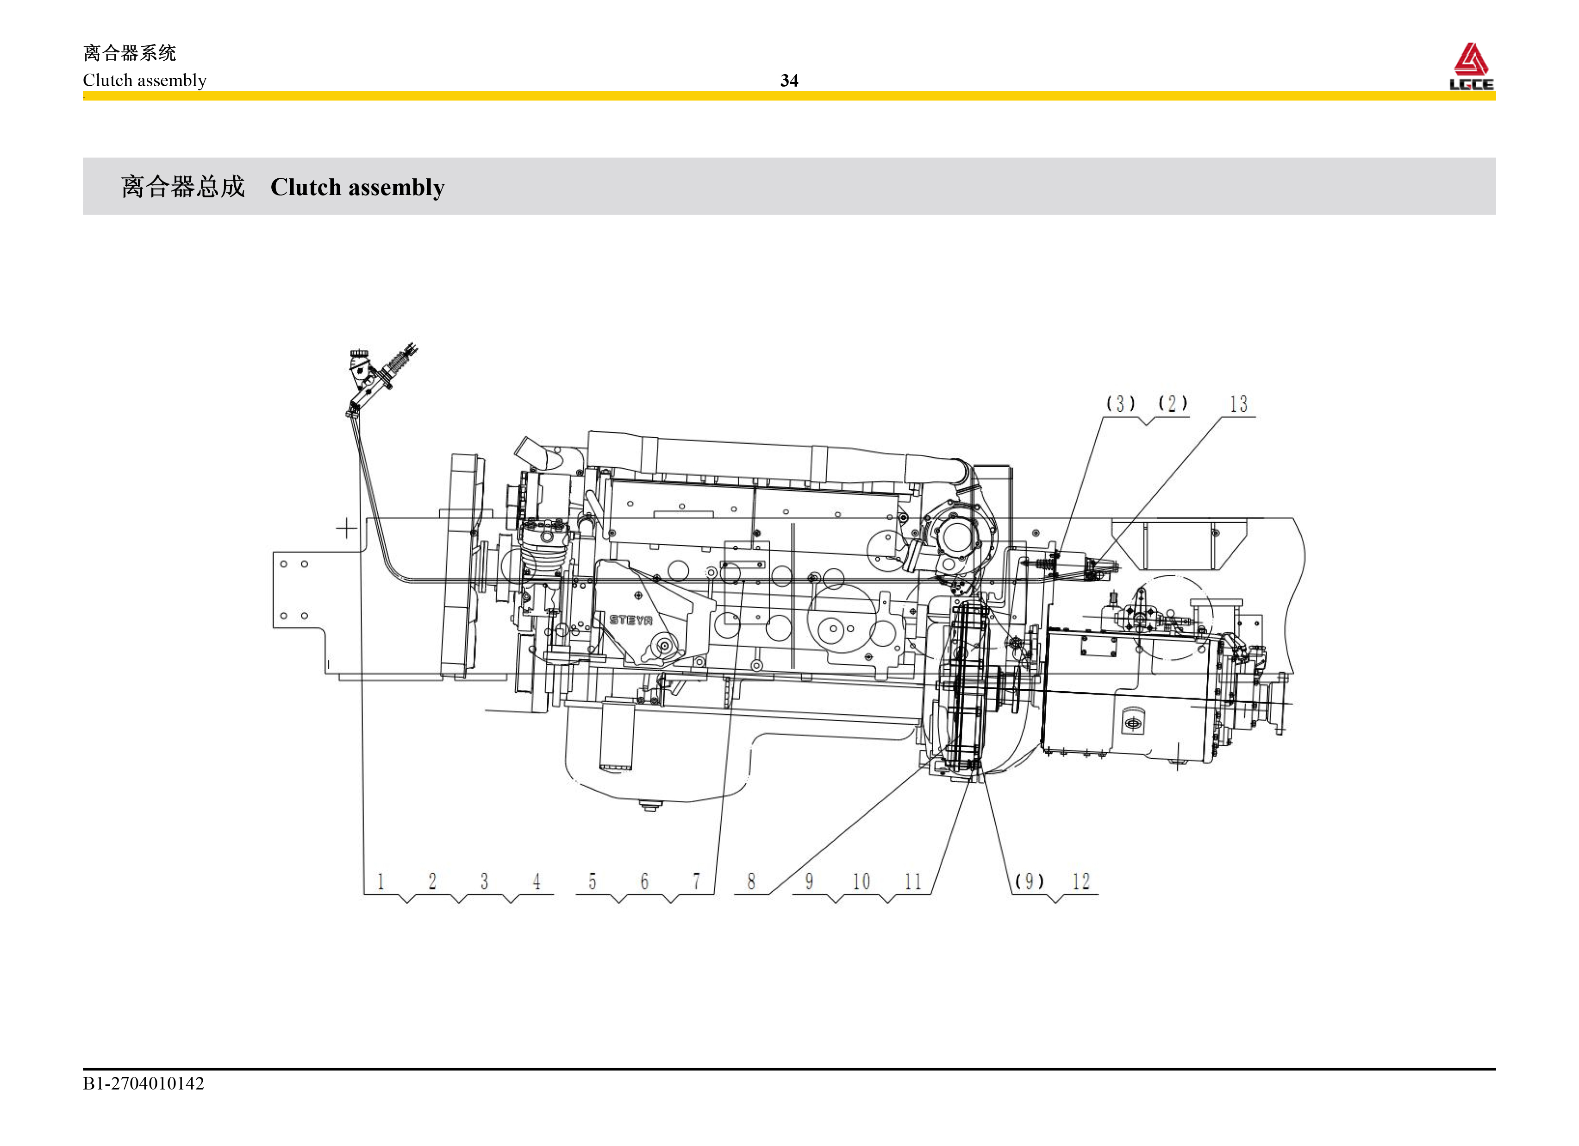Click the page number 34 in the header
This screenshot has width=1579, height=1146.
789,81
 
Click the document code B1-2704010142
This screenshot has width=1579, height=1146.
144,1083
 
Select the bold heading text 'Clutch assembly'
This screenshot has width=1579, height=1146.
357,188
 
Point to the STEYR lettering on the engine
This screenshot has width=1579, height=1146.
631,619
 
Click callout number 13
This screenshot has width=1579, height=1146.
1239,404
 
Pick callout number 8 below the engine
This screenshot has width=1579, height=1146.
751,881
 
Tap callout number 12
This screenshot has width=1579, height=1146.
1080,881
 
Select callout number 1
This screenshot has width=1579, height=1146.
381,881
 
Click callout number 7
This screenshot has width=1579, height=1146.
696,881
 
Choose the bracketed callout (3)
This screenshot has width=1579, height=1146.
1121,404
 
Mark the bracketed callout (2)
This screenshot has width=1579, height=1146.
1173,404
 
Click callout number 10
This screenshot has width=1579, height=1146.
861,881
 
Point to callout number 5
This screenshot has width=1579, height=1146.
593,881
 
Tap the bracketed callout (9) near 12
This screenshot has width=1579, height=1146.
1030,881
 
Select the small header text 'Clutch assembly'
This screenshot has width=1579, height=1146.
145,81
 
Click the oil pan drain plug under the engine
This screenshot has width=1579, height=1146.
649,807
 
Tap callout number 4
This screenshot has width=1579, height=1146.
537,881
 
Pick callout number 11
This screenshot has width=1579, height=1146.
913,881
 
